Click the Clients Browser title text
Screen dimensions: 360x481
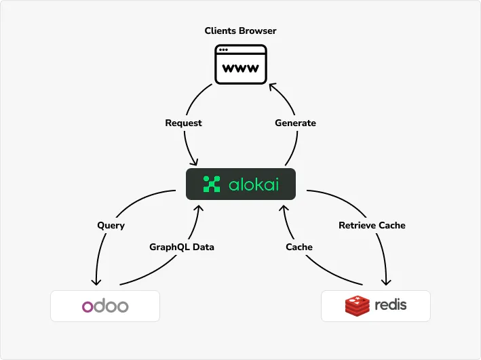point(240,31)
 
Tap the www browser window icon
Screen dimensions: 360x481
point(241,64)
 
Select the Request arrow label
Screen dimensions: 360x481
point(183,123)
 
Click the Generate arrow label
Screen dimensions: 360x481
point(295,123)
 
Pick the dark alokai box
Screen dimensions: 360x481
point(241,184)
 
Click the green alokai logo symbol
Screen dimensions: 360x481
point(212,184)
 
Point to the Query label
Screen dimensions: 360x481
point(111,225)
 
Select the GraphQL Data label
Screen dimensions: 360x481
point(181,247)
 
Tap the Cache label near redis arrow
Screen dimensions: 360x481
point(299,247)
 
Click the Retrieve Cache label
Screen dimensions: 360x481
point(372,225)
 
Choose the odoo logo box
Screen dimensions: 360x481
point(105,306)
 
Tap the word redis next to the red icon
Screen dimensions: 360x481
point(391,304)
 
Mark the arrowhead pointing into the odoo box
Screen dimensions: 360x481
point(96,283)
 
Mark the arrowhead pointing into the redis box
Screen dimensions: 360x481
point(388,283)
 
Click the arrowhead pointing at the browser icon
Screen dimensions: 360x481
point(272,86)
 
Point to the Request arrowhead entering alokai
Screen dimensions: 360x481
point(195,163)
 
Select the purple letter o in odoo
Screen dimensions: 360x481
point(88,306)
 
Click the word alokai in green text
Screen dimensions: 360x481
point(252,184)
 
